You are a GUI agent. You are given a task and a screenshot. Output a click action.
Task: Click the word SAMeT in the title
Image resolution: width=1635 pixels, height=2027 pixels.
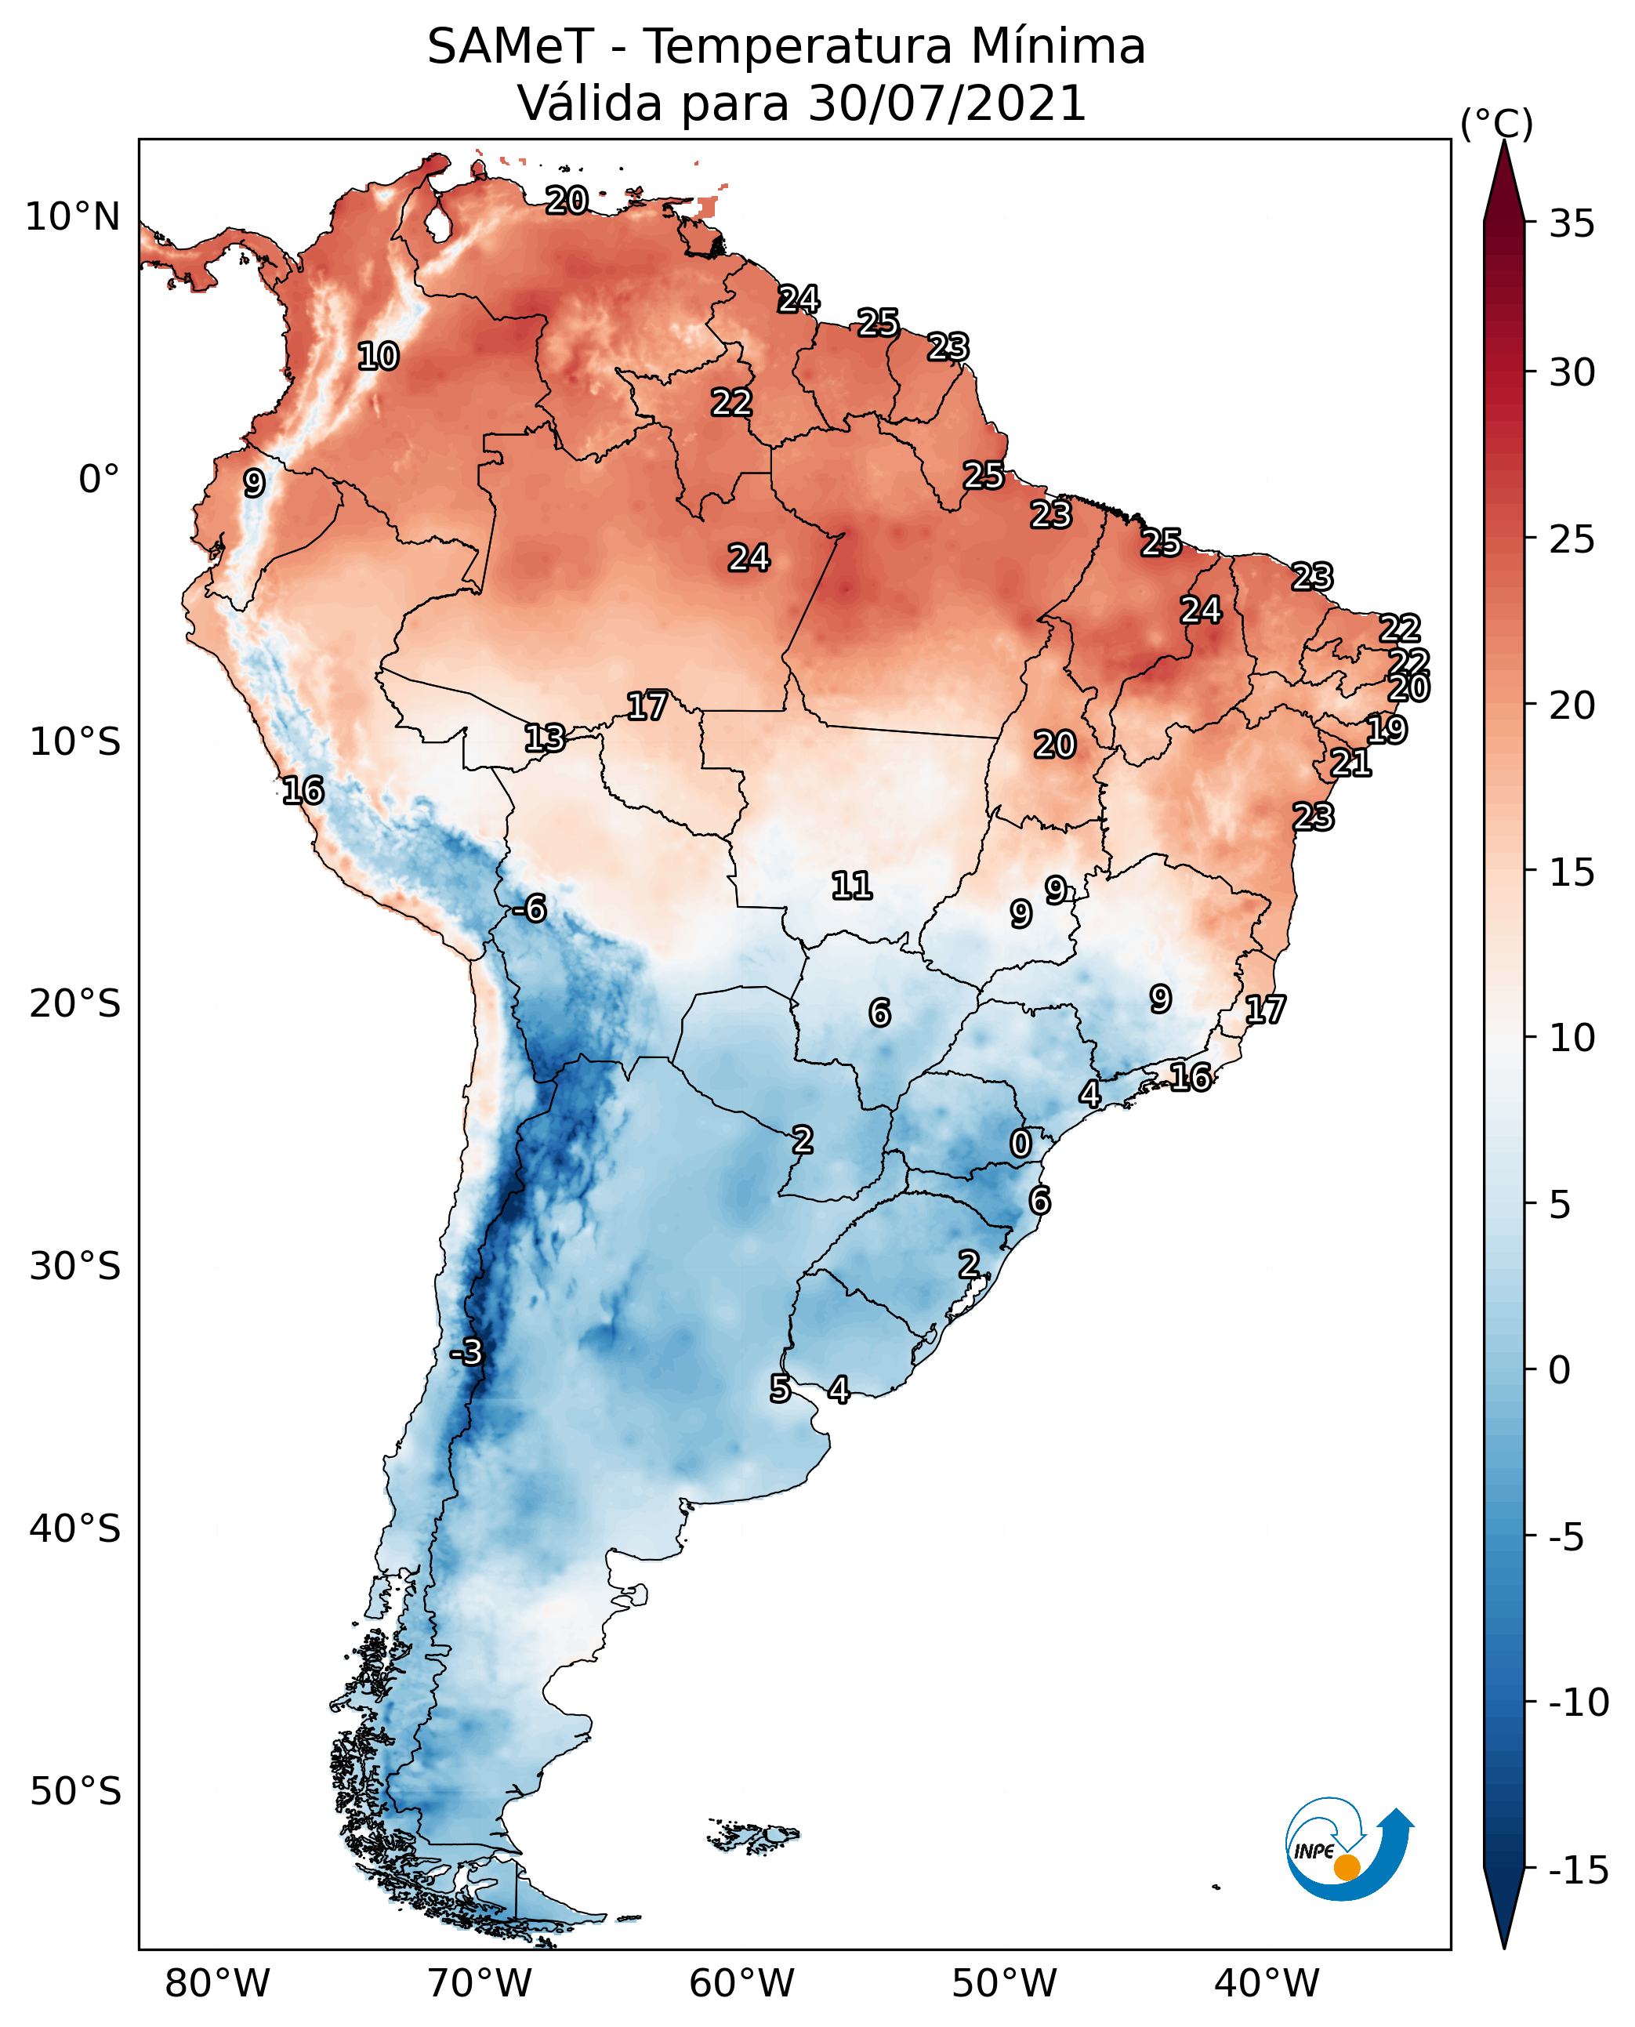pyautogui.click(x=509, y=47)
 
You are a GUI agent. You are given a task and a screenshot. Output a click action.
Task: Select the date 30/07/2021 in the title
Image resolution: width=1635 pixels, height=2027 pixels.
pyautogui.click(x=947, y=103)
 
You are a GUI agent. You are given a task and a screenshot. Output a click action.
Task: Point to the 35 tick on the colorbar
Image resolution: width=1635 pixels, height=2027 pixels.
pyautogui.click(x=1572, y=224)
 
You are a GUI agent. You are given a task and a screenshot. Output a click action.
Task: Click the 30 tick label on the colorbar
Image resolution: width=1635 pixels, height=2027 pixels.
pyautogui.click(x=1572, y=373)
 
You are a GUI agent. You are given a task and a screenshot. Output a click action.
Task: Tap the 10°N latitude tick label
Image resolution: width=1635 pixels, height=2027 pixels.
pyautogui.click(x=73, y=218)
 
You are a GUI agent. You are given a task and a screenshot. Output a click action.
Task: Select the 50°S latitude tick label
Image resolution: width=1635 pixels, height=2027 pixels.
pyautogui.click(x=75, y=1790)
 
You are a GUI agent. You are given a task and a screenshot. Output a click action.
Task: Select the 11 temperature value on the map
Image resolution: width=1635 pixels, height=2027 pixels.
pyautogui.click(x=851, y=886)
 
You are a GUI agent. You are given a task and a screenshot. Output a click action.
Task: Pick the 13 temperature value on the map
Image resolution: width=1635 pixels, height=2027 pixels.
pyautogui.click(x=545, y=738)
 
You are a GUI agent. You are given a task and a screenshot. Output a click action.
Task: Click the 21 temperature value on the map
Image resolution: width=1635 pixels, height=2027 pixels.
pyautogui.click(x=1350, y=762)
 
